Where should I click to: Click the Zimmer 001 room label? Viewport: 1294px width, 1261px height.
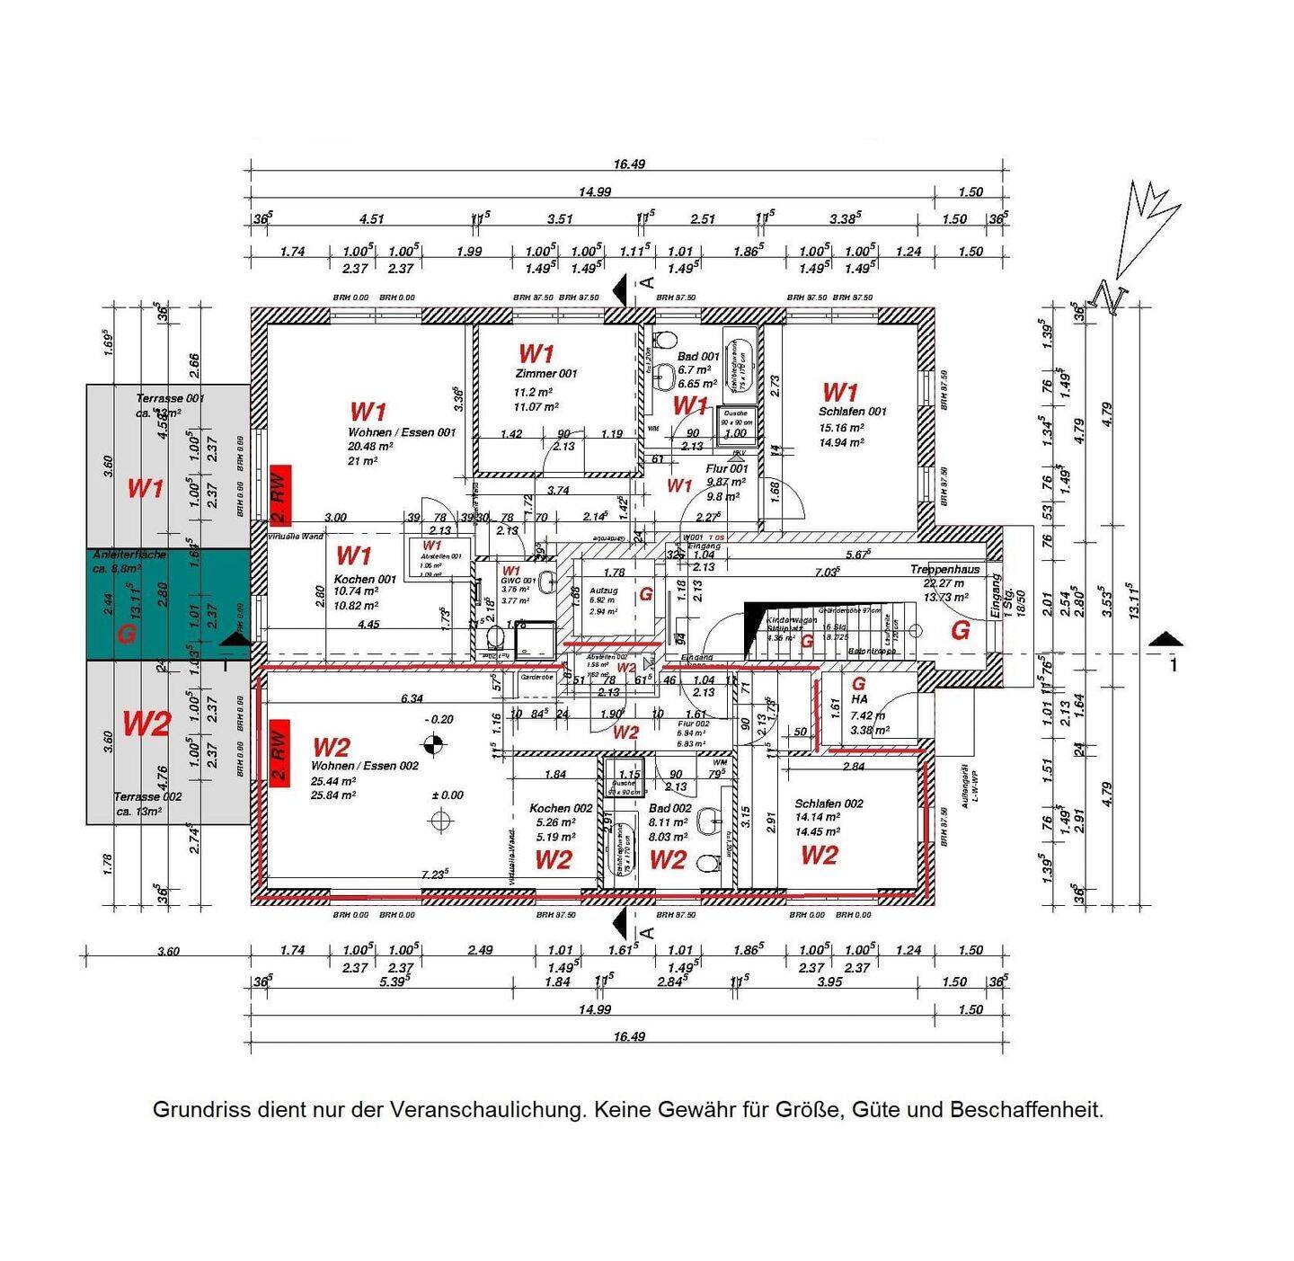pyautogui.click(x=545, y=373)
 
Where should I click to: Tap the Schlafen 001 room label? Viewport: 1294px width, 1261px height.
pyautogui.click(x=852, y=412)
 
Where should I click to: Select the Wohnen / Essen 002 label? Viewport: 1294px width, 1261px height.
pyautogui.click(x=364, y=766)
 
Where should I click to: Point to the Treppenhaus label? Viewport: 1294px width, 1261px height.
pyautogui.click(x=943, y=570)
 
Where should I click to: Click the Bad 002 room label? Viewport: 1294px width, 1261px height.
pyautogui.click(x=669, y=808)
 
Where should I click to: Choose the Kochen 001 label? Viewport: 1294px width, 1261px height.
pyautogui.click(x=364, y=580)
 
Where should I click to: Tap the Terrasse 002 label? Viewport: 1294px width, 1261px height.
pyautogui.click(x=147, y=796)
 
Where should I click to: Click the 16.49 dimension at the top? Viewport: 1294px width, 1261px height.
pyautogui.click(x=629, y=164)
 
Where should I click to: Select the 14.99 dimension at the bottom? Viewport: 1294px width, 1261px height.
pyautogui.click(x=594, y=1009)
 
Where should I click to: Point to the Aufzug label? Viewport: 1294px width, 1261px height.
pyautogui.click(x=603, y=591)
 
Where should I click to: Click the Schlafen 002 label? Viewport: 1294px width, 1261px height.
pyautogui.click(x=829, y=804)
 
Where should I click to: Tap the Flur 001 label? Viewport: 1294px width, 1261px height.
pyautogui.click(x=726, y=468)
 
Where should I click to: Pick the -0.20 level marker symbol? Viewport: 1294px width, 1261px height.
pyautogui.click(x=434, y=743)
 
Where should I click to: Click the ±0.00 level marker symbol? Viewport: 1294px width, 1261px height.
pyautogui.click(x=440, y=820)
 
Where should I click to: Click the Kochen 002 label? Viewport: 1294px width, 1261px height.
pyautogui.click(x=561, y=808)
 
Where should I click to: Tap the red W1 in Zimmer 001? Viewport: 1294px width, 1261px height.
pyautogui.click(x=536, y=353)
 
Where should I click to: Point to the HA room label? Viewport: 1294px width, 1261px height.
pyautogui.click(x=859, y=698)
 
